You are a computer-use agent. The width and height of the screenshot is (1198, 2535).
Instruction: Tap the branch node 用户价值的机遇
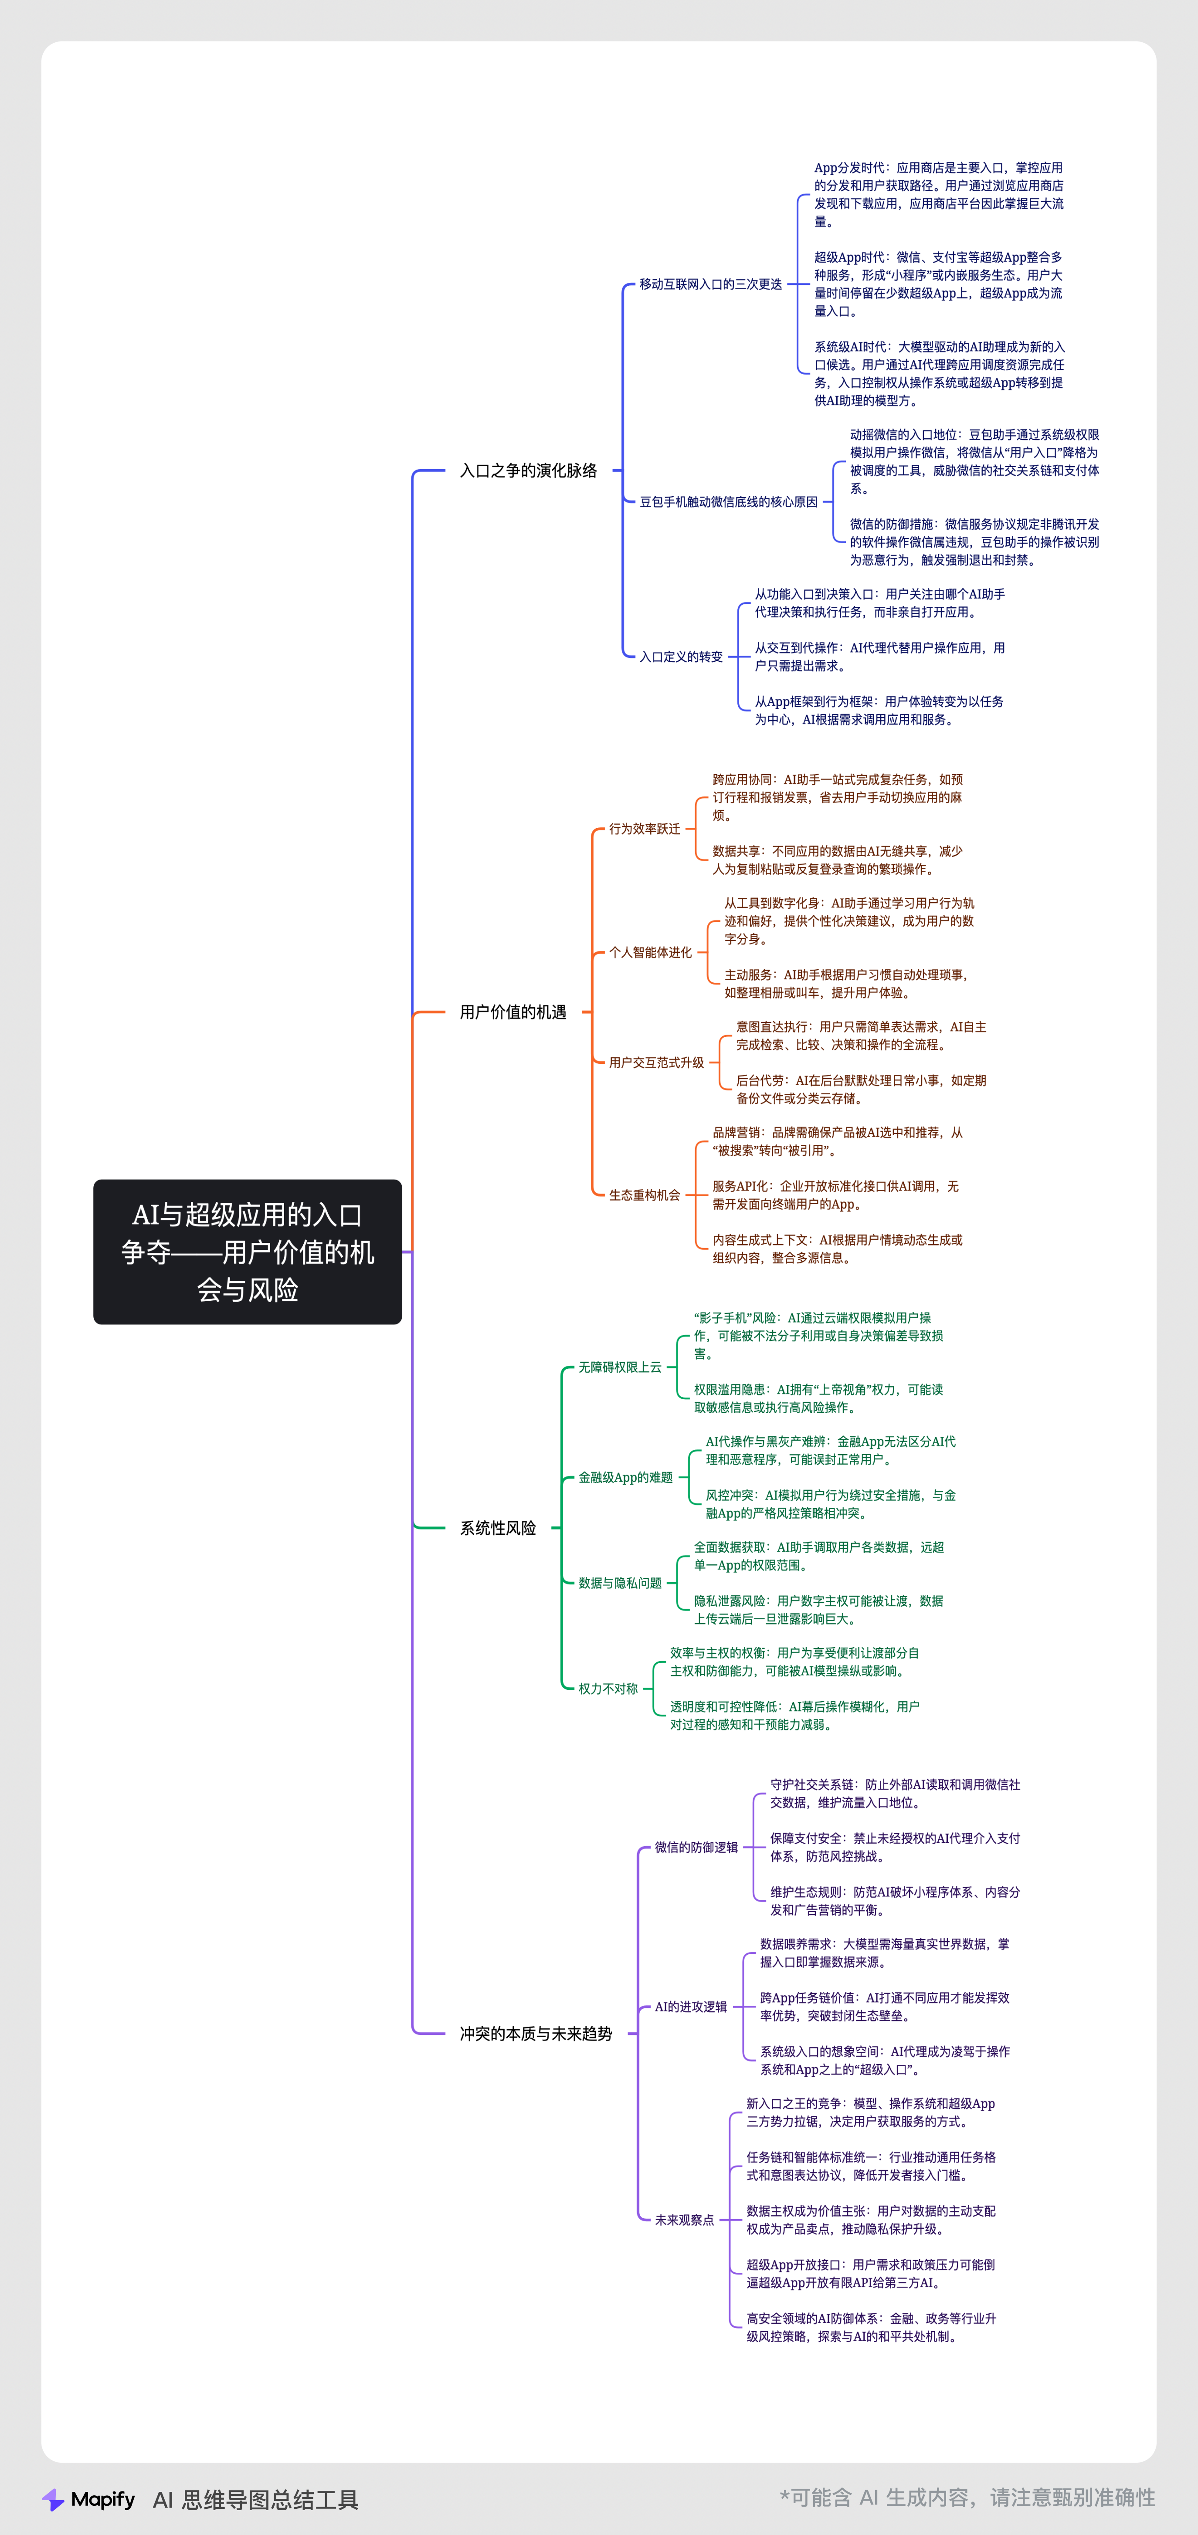point(513,1012)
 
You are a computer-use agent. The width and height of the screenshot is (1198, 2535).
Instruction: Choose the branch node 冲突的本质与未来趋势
point(536,2033)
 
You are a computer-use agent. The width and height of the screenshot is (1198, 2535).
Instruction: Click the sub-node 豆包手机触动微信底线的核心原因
point(729,502)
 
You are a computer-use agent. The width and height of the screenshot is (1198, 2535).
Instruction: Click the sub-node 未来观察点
point(684,2220)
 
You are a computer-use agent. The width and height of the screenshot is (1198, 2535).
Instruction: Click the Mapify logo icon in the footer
point(53,2500)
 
